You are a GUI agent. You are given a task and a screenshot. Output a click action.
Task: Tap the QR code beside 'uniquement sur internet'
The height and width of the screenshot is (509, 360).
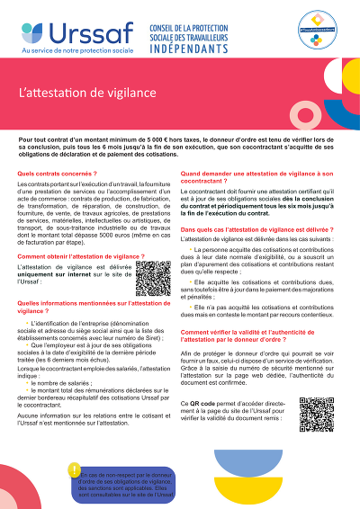coord(151,279)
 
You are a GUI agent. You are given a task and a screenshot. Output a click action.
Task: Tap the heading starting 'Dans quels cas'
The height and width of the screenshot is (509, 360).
coord(251,230)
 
